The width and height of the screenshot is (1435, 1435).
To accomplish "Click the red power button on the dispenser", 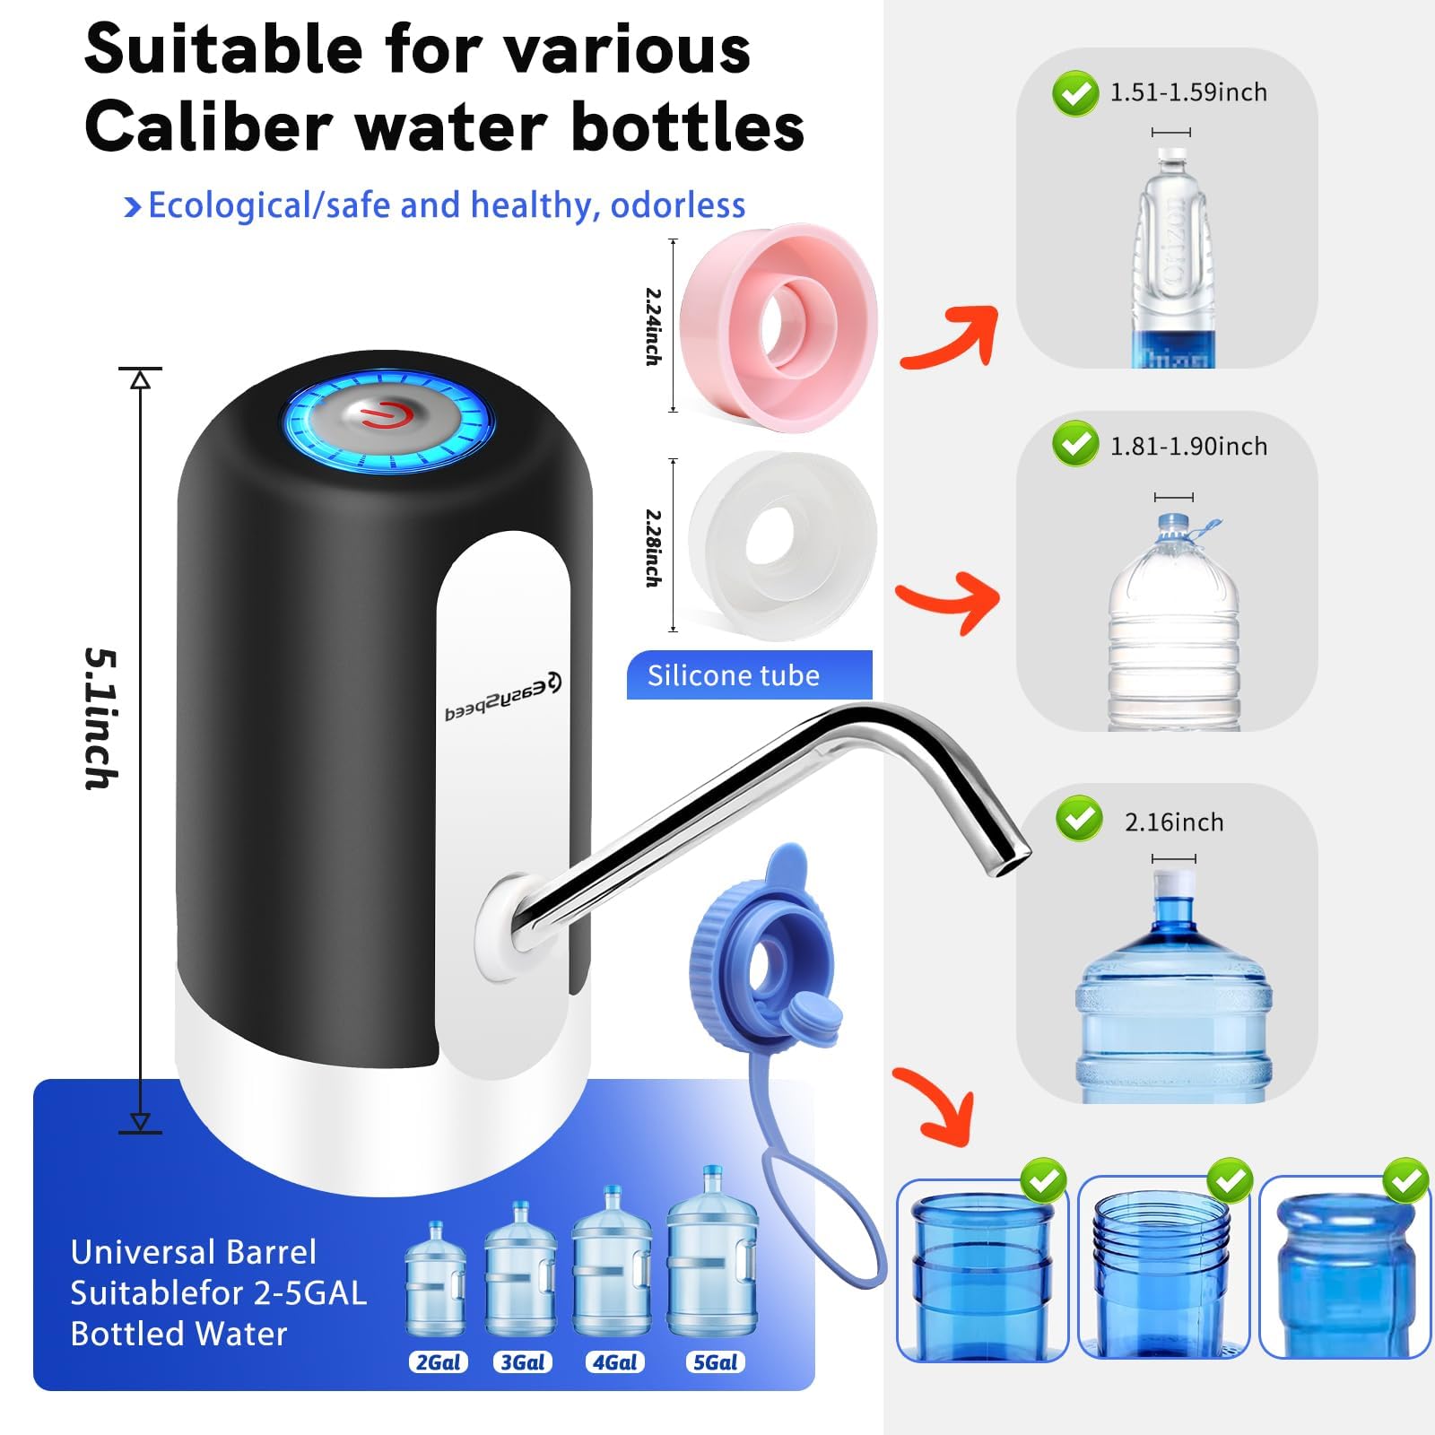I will pyautogui.click(x=387, y=416).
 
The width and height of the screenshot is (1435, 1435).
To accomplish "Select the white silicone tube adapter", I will pyautogui.click(x=781, y=545).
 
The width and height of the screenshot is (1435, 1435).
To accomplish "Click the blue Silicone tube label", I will pyautogui.click(x=748, y=675).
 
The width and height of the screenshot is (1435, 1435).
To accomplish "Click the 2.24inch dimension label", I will pyautogui.click(x=654, y=326).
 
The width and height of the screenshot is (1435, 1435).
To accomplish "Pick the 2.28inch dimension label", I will pyautogui.click(x=654, y=548).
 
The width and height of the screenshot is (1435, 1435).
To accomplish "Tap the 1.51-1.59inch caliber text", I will pyautogui.click(x=1188, y=92).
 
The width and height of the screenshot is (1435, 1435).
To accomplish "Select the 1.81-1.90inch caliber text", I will pyautogui.click(x=1188, y=447).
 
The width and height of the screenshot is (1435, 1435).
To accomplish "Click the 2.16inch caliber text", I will pyautogui.click(x=1174, y=822).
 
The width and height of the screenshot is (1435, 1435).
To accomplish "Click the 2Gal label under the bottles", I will pyautogui.click(x=439, y=1362).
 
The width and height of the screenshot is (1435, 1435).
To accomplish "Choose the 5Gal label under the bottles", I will pyautogui.click(x=716, y=1362).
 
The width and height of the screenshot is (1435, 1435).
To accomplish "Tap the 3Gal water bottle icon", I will pyautogui.click(x=520, y=1269).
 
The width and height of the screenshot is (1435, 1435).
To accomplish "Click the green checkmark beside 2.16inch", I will pyautogui.click(x=1079, y=818).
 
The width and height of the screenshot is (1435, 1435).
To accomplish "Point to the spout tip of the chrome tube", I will pyautogui.click(x=1012, y=862).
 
